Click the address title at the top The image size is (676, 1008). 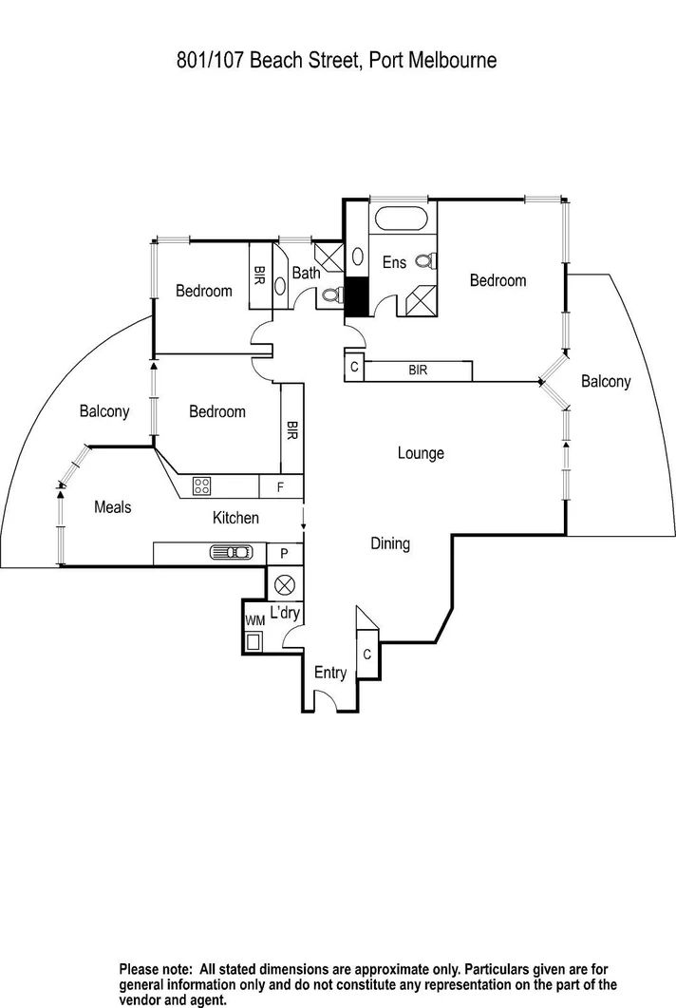pyautogui.click(x=337, y=61)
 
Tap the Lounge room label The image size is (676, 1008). pyautogui.click(x=421, y=453)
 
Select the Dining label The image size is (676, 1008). pyautogui.click(x=390, y=543)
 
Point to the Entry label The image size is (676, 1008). pyautogui.click(x=330, y=673)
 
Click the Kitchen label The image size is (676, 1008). pyautogui.click(x=235, y=518)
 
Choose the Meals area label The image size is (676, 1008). pyautogui.click(x=113, y=507)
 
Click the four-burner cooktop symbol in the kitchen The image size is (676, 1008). pyautogui.click(x=202, y=486)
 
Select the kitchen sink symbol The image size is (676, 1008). pyautogui.click(x=231, y=553)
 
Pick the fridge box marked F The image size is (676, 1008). pyautogui.click(x=281, y=487)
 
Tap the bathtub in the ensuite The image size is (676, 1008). pyautogui.click(x=403, y=218)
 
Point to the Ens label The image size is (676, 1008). pyautogui.click(x=394, y=262)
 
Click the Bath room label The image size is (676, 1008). pyautogui.click(x=306, y=273)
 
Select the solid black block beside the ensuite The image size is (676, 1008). pyautogui.click(x=356, y=297)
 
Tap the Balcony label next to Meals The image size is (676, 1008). pyautogui.click(x=104, y=411)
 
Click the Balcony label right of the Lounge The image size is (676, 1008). pyautogui.click(x=606, y=381)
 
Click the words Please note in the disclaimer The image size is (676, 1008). pyautogui.click(x=157, y=968)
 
